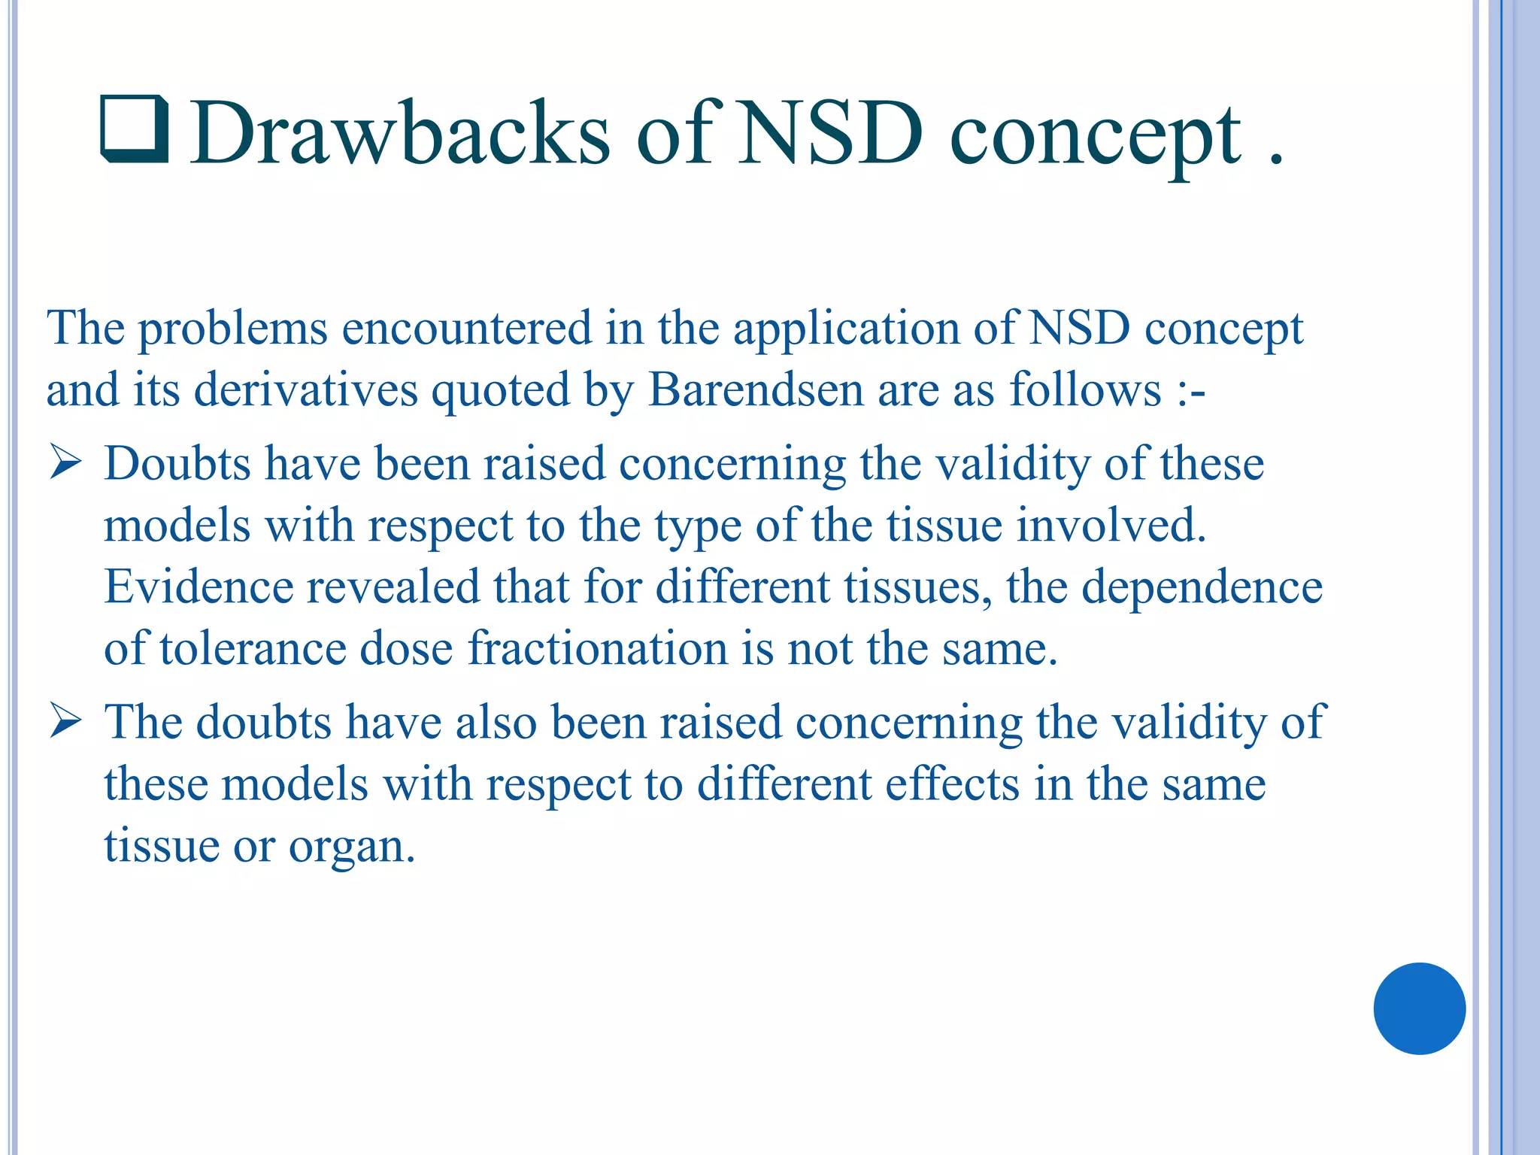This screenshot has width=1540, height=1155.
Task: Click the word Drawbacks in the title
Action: tap(399, 134)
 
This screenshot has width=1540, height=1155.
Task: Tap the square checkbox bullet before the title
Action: tap(134, 129)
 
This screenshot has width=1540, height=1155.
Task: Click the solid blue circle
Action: tap(1419, 1008)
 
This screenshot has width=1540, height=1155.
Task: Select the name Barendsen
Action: tap(756, 390)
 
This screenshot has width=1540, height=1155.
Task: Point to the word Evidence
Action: tap(199, 587)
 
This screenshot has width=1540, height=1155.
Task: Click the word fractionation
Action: tap(598, 648)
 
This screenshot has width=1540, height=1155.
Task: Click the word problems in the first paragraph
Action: tap(233, 329)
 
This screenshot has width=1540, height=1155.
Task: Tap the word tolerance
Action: tap(253, 648)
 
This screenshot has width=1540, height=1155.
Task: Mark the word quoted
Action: tap(501, 391)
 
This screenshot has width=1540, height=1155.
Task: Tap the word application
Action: tap(847, 329)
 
